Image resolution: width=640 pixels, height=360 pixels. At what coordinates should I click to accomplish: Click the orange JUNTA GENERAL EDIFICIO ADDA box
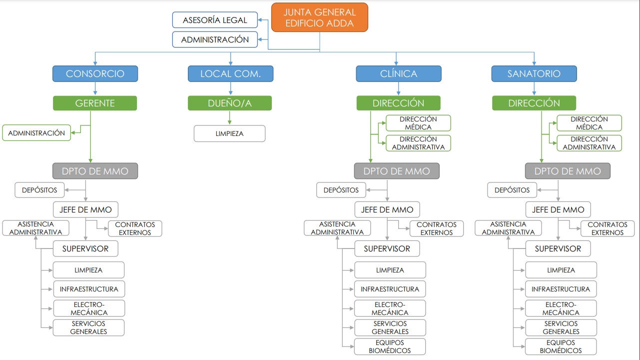[x=320, y=17]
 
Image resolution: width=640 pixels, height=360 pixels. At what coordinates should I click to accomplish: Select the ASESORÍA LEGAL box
[x=215, y=20]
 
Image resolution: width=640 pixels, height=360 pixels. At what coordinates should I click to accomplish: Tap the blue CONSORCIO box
[x=95, y=73]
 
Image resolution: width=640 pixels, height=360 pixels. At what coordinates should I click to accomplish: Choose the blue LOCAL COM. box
[x=230, y=73]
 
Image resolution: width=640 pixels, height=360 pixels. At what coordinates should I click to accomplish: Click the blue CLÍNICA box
[x=398, y=73]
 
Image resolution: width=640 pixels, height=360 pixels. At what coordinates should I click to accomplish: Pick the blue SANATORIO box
[x=534, y=73]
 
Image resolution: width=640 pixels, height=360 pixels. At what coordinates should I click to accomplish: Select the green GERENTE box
[x=95, y=103]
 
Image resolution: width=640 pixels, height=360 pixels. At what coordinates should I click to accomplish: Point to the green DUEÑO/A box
[x=230, y=103]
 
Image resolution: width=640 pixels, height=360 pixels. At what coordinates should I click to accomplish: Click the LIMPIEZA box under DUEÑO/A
[x=230, y=133]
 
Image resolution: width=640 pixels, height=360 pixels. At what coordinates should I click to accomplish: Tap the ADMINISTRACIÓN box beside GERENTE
[x=36, y=133]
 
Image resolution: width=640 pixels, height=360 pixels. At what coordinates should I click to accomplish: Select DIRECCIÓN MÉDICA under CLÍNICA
[x=418, y=123]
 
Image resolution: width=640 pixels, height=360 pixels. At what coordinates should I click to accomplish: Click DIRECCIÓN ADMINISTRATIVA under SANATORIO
[x=589, y=143]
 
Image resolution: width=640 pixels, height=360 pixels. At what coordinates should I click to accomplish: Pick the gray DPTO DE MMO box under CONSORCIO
[x=95, y=171]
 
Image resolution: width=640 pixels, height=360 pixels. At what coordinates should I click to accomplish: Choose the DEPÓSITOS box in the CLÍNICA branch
[x=341, y=190]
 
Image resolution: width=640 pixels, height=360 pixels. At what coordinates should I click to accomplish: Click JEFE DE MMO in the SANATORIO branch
[x=558, y=209]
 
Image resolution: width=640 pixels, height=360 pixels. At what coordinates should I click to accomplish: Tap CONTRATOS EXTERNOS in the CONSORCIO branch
[x=135, y=228]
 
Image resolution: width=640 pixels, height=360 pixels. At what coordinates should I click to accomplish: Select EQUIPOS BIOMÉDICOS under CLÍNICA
[x=390, y=346]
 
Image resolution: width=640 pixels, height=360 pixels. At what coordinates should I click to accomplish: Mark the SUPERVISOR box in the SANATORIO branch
[x=558, y=248]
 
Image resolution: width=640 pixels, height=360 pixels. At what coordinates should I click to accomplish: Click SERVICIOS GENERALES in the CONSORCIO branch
[x=88, y=327]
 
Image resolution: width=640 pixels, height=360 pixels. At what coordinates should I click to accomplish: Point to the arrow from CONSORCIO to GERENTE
[x=95, y=88]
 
